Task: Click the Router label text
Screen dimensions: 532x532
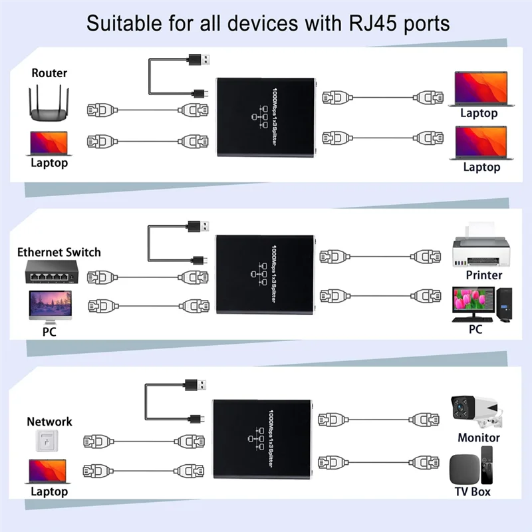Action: pos(49,72)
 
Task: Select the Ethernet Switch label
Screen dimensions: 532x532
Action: pos(59,252)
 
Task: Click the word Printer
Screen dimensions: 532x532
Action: pos(484,275)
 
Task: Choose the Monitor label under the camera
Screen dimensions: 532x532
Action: pos(479,438)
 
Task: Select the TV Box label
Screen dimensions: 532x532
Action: pos(472,491)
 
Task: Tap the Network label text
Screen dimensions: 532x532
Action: pos(49,422)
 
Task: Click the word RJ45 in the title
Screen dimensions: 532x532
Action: pos(375,23)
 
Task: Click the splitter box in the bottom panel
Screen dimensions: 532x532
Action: pos(261,440)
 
